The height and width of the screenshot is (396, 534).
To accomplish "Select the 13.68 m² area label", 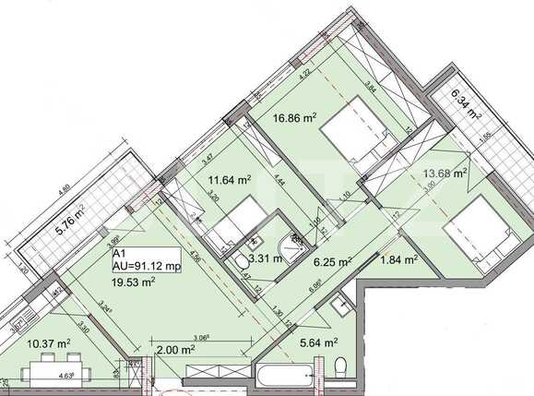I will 445,173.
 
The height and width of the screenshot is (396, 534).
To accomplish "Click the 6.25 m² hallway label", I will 331,261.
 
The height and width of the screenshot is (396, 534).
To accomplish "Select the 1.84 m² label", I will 399,260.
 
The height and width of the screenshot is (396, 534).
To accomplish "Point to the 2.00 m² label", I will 175,350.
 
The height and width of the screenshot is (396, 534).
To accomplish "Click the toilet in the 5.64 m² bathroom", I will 340,369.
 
